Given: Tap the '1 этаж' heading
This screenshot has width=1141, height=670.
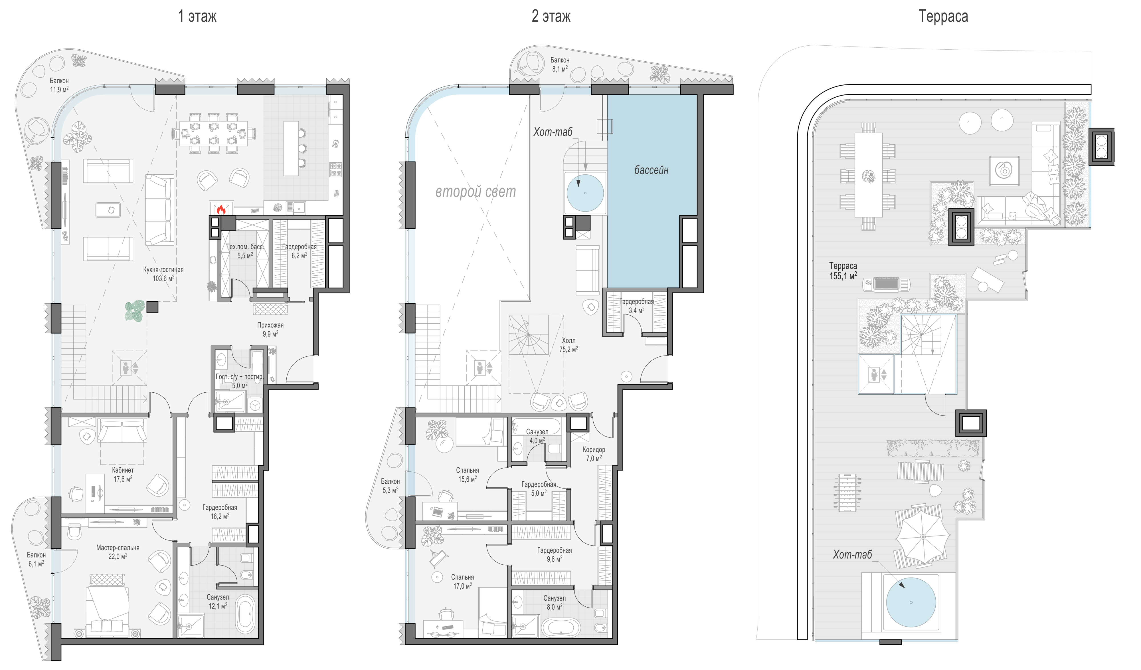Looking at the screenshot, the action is click(197, 16).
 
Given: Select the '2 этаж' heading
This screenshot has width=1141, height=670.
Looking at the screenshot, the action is click(551, 16).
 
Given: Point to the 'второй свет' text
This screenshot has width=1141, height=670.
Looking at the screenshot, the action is click(476, 192).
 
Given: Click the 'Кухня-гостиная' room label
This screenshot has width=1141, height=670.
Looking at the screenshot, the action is click(163, 270).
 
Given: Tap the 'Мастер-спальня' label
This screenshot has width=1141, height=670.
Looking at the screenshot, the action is click(118, 548).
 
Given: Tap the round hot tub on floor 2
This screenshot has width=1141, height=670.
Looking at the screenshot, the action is click(585, 193).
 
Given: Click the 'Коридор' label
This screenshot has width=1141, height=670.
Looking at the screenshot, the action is click(594, 449).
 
